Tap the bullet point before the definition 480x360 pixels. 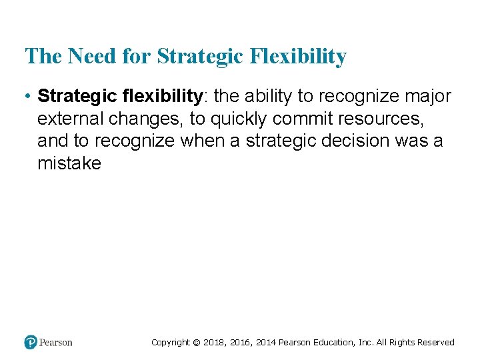pos(28,97)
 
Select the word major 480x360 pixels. pos(427,97)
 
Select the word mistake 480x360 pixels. pos(69,163)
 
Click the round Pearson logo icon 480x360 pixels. pos(31,342)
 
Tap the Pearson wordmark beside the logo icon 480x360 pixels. pos(56,342)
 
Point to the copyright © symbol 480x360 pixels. pos(196,343)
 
